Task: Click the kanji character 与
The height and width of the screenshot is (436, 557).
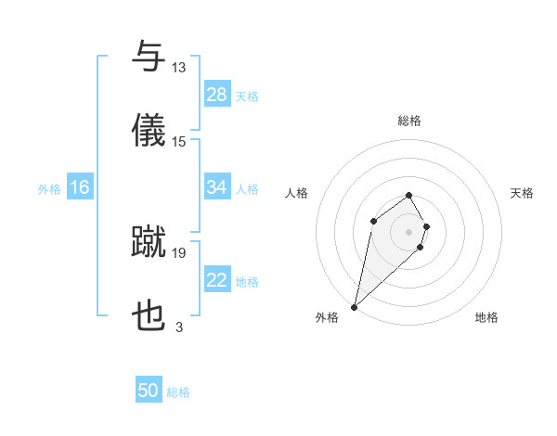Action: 149,58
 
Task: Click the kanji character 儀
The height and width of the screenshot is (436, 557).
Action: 149,131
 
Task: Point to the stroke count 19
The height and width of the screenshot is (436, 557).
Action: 179,251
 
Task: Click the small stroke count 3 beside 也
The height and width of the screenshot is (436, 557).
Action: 179,327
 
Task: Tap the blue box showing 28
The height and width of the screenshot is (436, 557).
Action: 217,95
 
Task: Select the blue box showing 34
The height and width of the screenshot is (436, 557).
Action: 217,187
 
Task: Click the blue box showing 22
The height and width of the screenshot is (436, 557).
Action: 217,280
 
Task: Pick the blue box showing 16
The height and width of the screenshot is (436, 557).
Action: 80,187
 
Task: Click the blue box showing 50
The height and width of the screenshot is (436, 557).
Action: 149,391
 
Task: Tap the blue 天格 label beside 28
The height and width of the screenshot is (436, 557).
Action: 247,96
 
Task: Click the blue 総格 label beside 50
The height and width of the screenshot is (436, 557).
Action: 178,392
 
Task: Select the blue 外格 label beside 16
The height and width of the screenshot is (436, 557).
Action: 49,188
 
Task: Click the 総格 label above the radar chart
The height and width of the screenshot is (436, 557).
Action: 409,121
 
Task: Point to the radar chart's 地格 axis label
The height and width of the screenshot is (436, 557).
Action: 486,317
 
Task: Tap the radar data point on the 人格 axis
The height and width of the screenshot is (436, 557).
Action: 373,220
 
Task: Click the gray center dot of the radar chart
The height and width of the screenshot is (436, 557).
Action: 408,231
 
